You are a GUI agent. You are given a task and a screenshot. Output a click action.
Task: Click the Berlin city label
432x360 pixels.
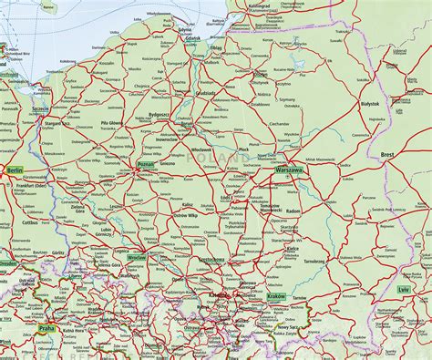(x=14, y=170)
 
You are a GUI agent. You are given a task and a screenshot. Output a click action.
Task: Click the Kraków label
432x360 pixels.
(x=275, y=296)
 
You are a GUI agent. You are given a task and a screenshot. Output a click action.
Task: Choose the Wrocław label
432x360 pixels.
(x=138, y=258)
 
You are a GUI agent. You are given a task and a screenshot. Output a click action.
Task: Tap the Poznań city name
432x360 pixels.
(x=144, y=165)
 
